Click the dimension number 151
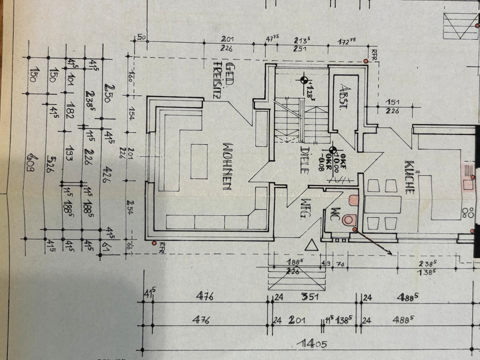pos(392,102)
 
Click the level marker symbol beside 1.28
pos(304,80)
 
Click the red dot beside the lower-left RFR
pos(153,243)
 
